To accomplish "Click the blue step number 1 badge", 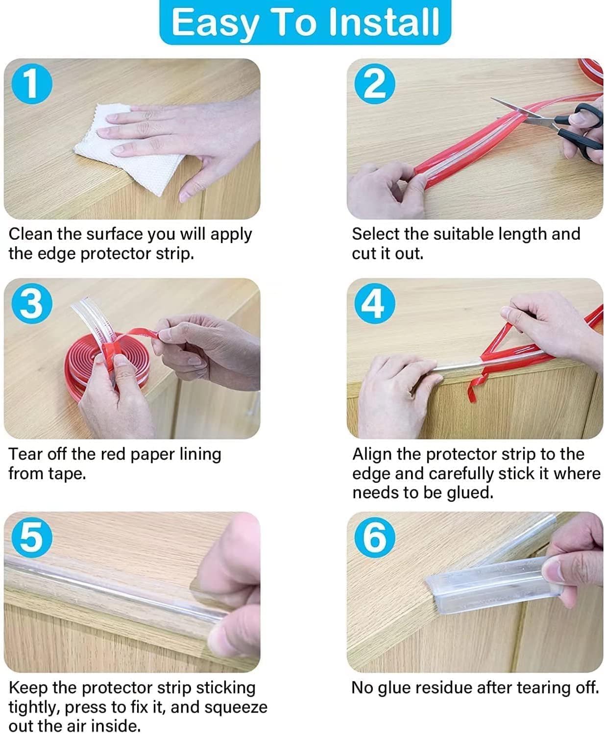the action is (32, 84).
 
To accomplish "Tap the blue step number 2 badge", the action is (375, 84).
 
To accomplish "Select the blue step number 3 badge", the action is (32, 303).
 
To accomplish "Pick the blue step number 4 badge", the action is (375, 303).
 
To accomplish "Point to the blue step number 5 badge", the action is (32, 538).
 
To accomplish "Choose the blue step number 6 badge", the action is (375, 538).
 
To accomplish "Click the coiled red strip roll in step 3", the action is (105, 364).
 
